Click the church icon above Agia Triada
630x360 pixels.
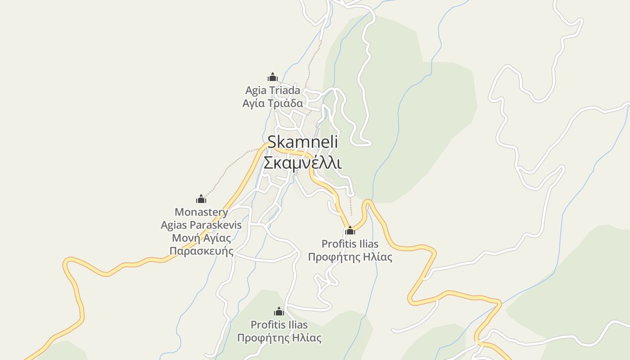[x=273, y=77]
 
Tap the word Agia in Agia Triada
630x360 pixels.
[x=256, y=90]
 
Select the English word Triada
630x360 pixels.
[x=285, y=90]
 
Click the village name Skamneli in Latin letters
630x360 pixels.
[x=302, y=142]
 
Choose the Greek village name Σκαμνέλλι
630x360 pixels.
[x=302, y=162]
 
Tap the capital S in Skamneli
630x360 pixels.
[x=273, y=142]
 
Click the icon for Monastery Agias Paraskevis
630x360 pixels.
[x=201, y=198]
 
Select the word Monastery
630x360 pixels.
[x=201, y=212]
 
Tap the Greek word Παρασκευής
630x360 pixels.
[x=202, y=251]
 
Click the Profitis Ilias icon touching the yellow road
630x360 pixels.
[x=350, y=231]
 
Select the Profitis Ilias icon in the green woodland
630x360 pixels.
[x=279, y=311]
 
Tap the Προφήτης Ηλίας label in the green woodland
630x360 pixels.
[x=279, y=338]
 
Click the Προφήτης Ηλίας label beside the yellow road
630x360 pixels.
[x=350, y=257]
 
